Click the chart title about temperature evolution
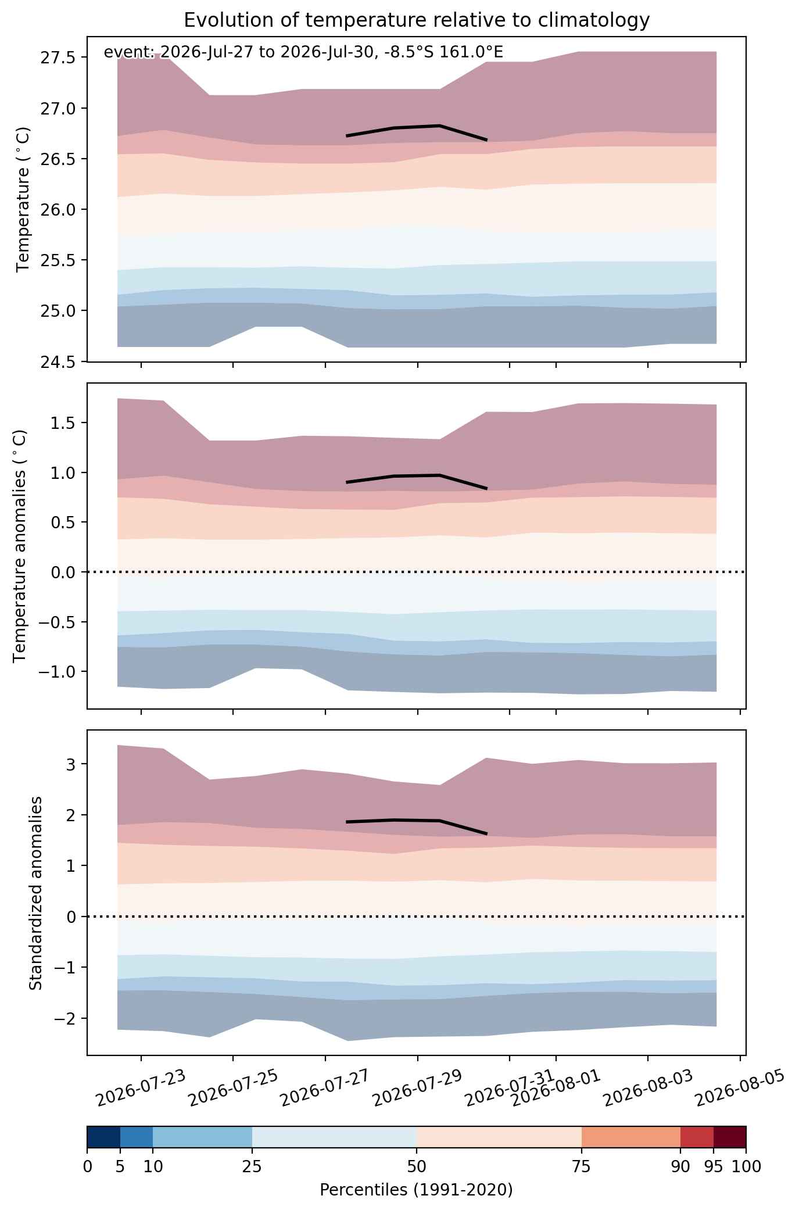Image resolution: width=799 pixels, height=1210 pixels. (416, 20)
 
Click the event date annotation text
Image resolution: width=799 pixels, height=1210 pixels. (303, 52)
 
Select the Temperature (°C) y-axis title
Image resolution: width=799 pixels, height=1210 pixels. (23, 199)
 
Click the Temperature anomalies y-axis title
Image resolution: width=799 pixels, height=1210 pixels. (20, 545)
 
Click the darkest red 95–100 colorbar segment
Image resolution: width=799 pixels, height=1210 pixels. (729, 1137)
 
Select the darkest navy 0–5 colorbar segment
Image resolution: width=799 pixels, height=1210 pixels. (103, 1137)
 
